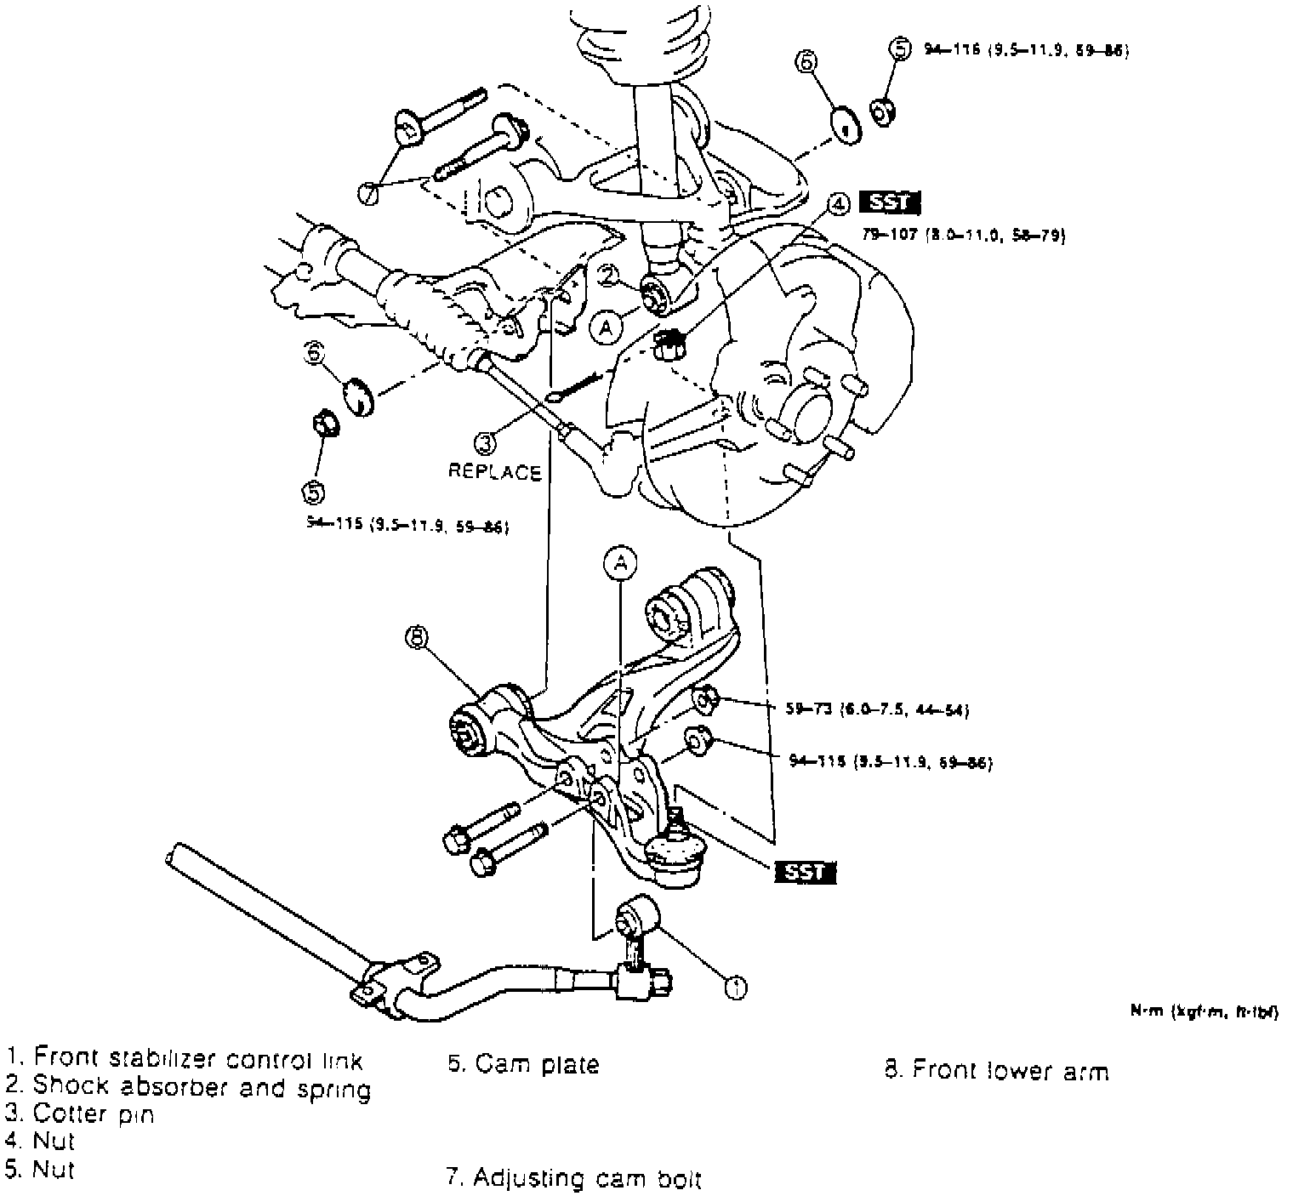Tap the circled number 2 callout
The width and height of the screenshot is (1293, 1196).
click(x=610, y=274)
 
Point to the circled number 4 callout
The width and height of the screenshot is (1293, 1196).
click(x=838, y=203)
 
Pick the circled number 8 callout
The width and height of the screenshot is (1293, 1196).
click(x=416, y=637)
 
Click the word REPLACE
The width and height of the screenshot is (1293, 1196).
click(x=494, y=472)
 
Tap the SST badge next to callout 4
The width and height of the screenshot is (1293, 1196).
click(x=890, y=202)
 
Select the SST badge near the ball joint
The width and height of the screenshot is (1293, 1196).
click(x=805, y=872)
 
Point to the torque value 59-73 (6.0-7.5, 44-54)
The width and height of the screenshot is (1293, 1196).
click(x=876, y=709)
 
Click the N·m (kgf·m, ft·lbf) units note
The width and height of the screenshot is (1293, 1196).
click(x=1203, y=1011)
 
